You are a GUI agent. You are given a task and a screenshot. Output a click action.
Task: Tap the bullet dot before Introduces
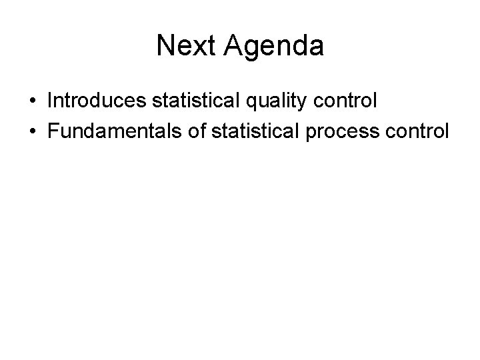pos(32,101)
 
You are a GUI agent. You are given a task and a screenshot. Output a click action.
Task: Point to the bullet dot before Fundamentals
pos(32,131)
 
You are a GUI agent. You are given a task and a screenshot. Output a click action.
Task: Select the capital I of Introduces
pos(51,101)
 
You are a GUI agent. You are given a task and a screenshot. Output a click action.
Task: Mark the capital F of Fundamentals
pos(53,131)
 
